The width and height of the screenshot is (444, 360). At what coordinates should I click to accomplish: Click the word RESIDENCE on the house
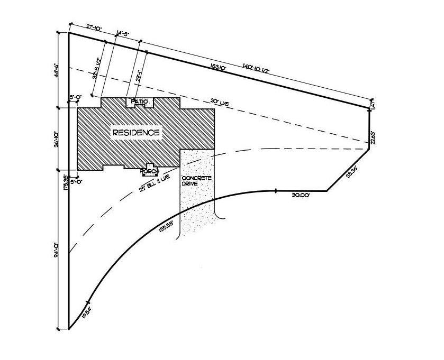135,133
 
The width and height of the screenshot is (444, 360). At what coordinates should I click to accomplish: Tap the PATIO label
139,101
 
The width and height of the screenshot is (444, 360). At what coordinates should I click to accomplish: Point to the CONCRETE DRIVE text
197,181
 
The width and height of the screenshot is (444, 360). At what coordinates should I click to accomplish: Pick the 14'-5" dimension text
123,33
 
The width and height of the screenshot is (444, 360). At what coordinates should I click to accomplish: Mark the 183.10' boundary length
218,67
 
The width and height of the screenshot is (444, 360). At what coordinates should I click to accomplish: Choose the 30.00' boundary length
301,195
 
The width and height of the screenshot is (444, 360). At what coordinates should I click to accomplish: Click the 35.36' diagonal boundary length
352,173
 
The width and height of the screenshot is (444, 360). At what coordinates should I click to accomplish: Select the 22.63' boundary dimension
373,137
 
